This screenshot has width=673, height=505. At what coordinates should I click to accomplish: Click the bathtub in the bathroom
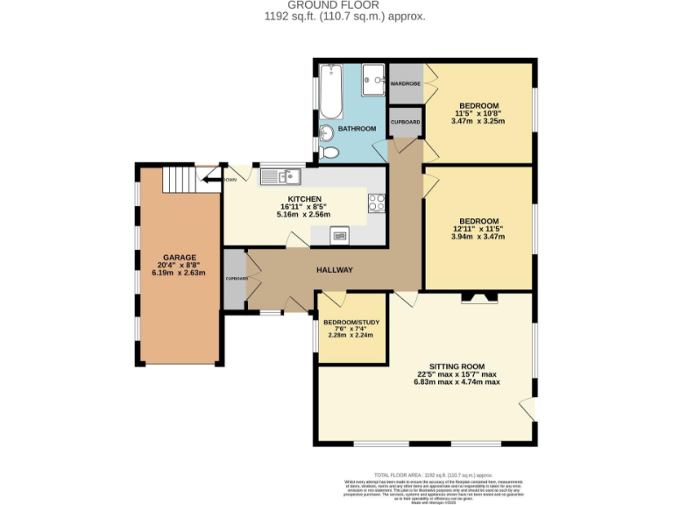pos(332,91)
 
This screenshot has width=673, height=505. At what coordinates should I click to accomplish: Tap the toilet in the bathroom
pos(329,153)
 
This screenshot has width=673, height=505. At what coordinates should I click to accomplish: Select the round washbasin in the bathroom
pos(325,133)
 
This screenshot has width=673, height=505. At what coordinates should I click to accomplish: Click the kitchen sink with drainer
pos(280,176)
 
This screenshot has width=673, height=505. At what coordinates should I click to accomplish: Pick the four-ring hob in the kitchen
pos(377,203)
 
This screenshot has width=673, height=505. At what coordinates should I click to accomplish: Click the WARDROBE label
pos(405,83)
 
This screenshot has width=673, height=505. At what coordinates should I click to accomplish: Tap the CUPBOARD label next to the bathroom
pos(405,122)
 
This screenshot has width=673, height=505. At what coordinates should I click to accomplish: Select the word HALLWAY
pos(335,270)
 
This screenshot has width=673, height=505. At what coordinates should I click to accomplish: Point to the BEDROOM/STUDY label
pos(351,322)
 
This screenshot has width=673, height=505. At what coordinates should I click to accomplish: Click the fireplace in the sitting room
pos(479,298)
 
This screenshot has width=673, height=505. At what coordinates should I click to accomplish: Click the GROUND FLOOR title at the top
pos(336,4)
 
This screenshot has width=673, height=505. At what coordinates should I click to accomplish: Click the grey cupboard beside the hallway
pos(234,279)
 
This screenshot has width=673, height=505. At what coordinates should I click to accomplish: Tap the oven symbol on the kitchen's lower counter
pos(339,234)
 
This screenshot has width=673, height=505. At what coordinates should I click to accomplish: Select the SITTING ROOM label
pos(457,366)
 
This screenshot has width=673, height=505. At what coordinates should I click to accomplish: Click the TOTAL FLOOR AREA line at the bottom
pos(457,473)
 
